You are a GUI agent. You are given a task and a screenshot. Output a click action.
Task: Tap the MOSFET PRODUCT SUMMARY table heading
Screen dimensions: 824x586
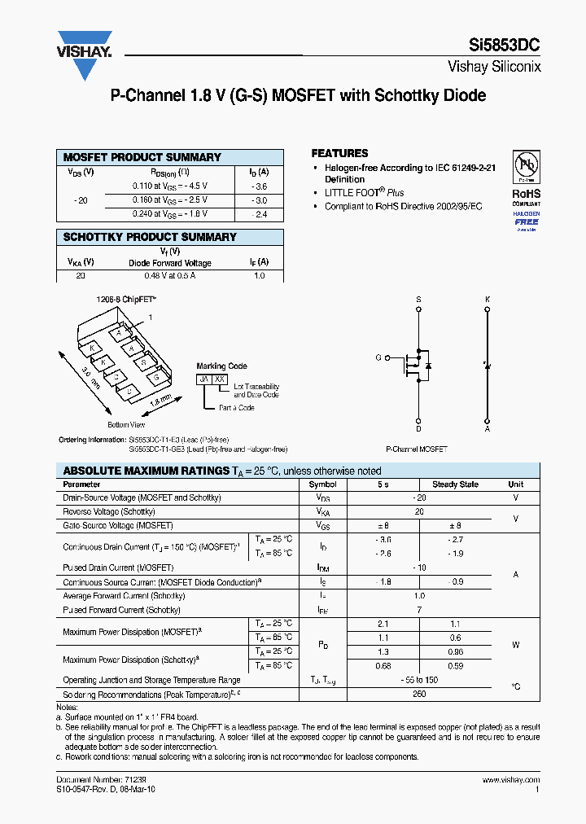click(x=142, y=157)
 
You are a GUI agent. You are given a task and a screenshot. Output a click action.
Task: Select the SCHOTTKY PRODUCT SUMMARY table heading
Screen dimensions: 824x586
click(x=150, y=237)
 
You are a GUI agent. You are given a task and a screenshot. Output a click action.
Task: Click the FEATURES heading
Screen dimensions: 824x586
click(x=339, y=153)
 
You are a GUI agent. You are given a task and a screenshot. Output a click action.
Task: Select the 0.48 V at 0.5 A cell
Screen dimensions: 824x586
click(x=169, y=276)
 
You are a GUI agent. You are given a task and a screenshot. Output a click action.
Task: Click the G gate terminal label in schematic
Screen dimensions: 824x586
click(x=378, y=357)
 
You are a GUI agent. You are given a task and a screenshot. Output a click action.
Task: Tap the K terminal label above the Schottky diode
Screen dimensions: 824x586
click(x=488, y=300)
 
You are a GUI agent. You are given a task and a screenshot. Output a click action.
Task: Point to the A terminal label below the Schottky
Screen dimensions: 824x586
click(x=488, y=428)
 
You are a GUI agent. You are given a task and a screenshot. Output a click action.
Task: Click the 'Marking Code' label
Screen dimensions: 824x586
click(x=221, y=366)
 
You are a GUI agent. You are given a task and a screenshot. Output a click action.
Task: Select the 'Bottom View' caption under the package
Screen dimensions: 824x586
click(x=126, y=425)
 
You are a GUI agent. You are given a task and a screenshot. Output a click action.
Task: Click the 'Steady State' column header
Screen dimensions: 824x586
click(x=455, y=484)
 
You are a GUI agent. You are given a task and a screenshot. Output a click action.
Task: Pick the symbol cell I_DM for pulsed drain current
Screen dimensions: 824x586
click(x=323, y=568)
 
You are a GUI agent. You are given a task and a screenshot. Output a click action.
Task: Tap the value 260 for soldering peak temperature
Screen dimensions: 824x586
click(x=419, y=695)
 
